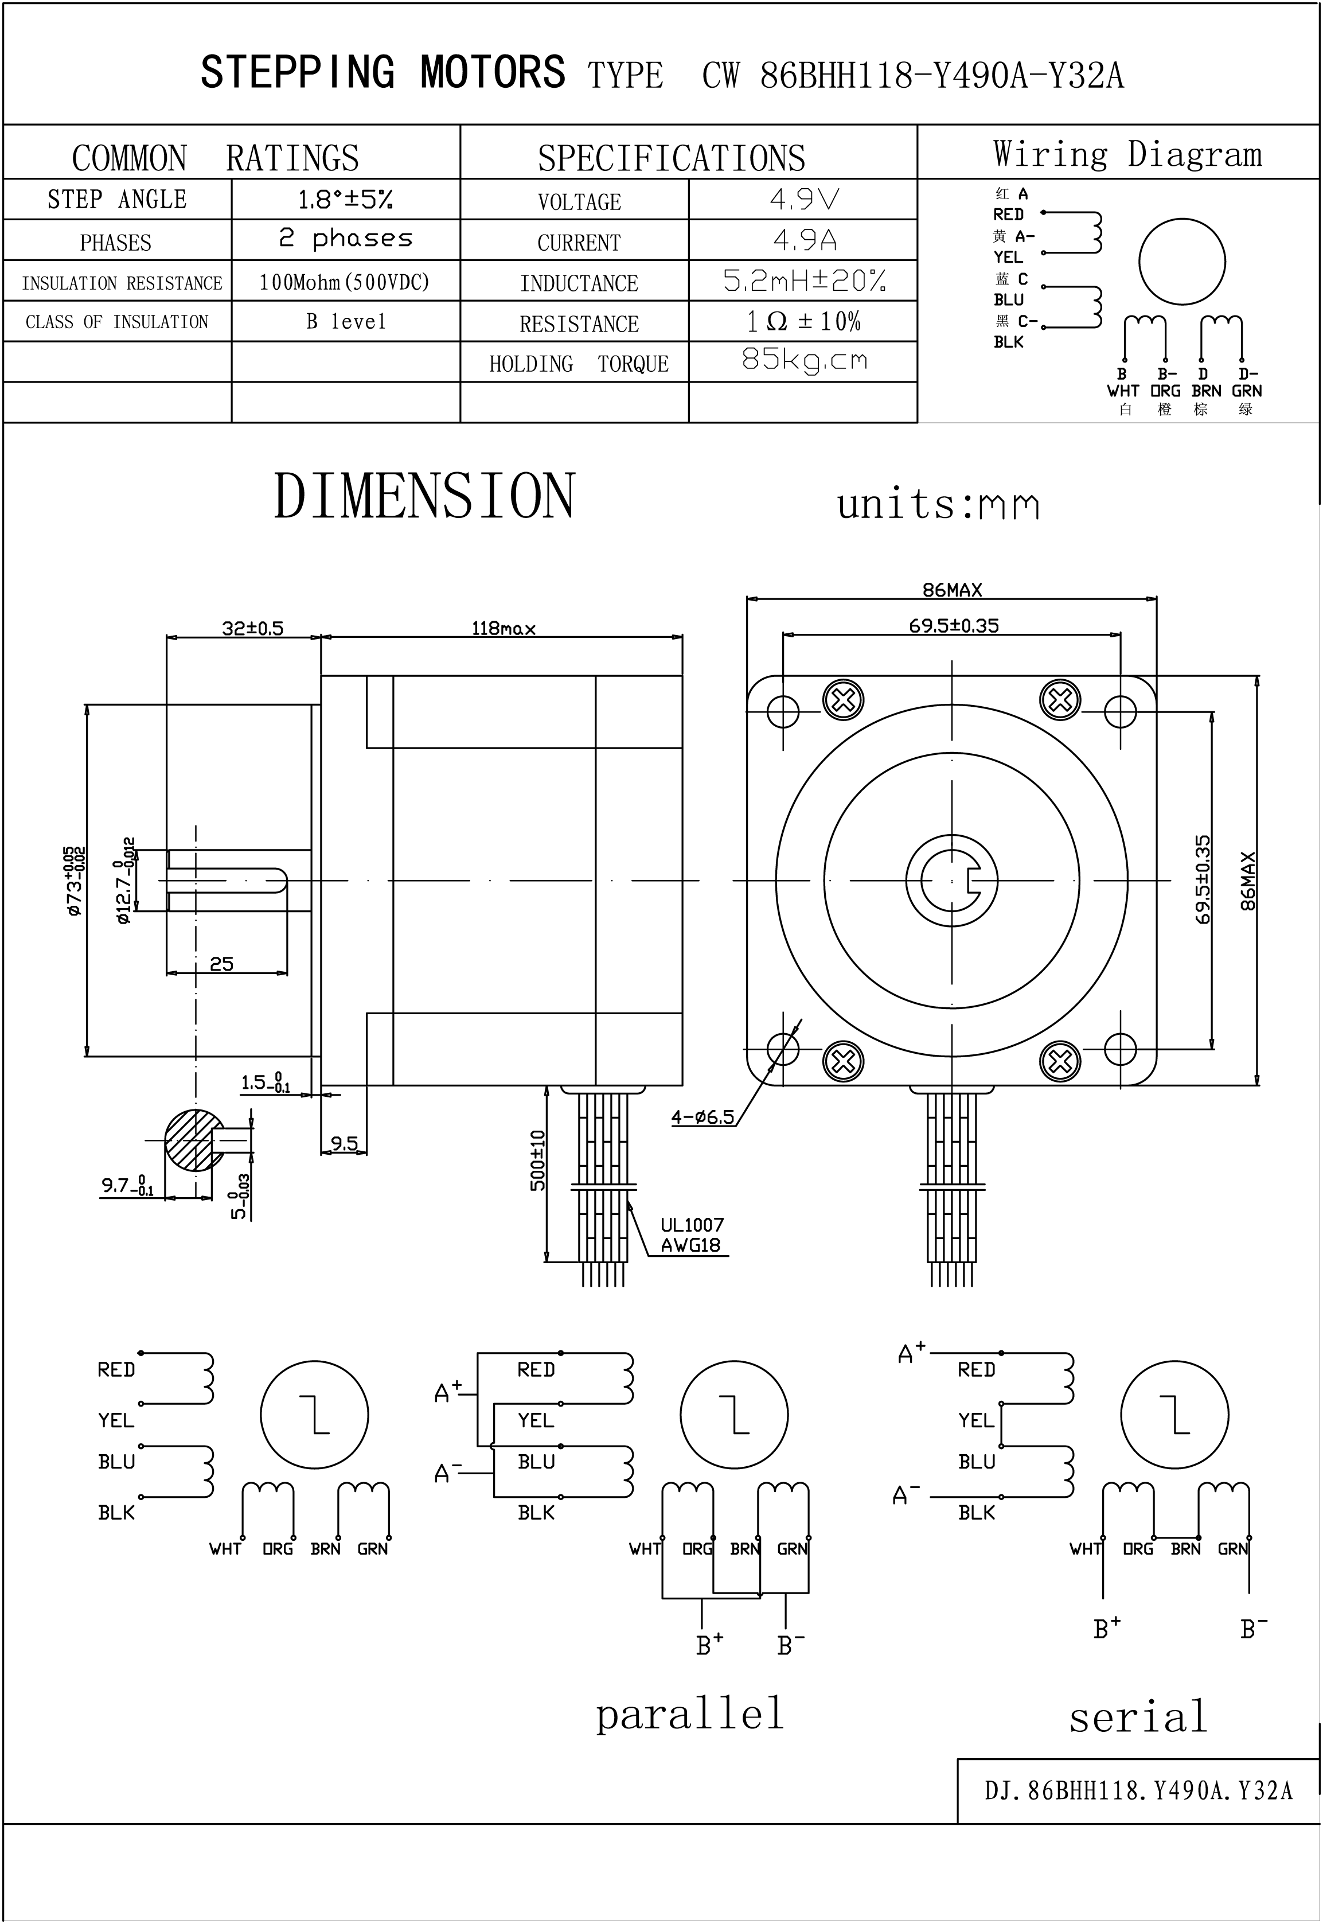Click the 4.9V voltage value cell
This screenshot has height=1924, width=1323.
(803, 199)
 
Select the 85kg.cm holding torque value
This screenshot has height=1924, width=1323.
(803, 360)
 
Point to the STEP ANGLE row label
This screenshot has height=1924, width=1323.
(117, 200)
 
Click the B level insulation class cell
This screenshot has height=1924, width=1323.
(346, 322)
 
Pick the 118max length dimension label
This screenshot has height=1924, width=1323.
(503, 628)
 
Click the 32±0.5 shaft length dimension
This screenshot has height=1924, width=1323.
(252, 628)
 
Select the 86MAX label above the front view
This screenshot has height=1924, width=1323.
(951, 590)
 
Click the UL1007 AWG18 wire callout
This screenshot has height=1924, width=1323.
(692, 1235)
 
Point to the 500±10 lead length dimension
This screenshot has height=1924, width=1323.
(538, 1160)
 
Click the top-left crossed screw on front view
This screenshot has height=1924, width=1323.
(843, 700)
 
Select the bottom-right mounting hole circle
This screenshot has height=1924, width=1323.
(1120, 1049)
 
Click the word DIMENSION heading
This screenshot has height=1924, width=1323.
(424, 497)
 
